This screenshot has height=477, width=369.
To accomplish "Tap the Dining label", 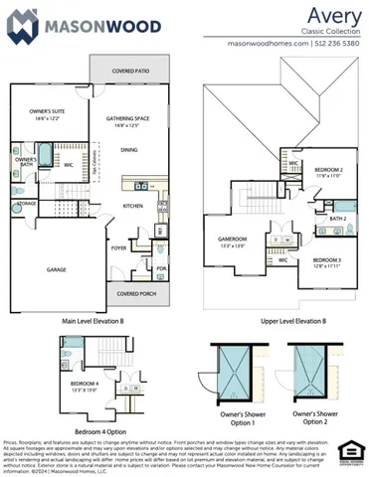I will pos(129,150).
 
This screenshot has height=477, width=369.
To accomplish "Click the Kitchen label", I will pos(132,206).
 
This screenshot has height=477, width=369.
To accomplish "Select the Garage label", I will pos(56,268).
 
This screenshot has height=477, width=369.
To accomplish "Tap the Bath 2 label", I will pos(337,219).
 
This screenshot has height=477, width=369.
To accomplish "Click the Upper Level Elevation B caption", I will pos(277,321).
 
